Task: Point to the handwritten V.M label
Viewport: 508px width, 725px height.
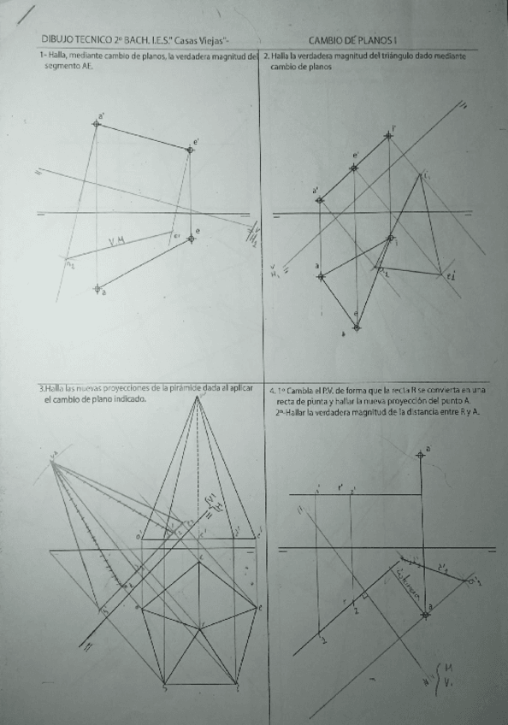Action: (x=117, y=242)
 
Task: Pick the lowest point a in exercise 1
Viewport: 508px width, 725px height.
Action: (x=97, y=287)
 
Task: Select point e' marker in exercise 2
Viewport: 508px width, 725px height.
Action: (x=354, y=167)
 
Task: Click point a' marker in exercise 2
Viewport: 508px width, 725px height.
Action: (x=320, y=200)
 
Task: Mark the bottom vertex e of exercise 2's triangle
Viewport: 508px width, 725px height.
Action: (x=357, y=326)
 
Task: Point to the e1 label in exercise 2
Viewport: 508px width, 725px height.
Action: (x=449, y=275)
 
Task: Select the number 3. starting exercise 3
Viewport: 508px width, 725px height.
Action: (x=41, y=388)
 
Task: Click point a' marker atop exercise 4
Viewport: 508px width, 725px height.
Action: (x=420, y=455)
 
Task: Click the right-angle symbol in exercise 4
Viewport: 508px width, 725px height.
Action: (x=364, y=593)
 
